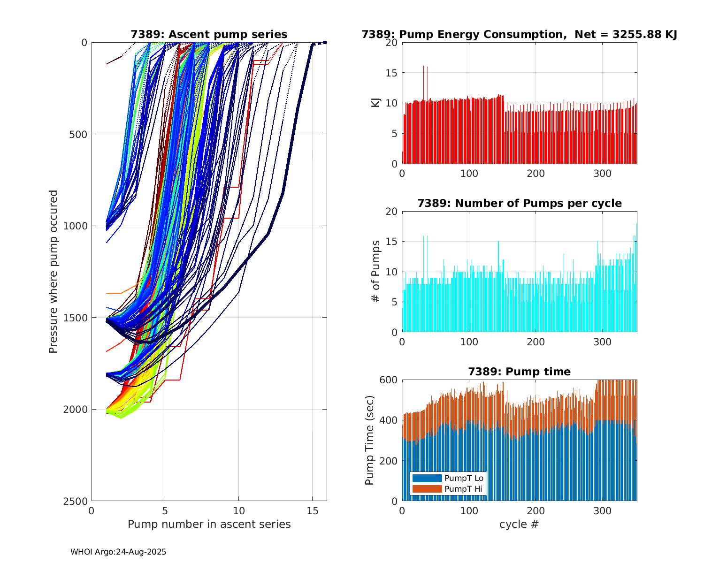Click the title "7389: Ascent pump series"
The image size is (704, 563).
pyautogui.click(x=209, y=34)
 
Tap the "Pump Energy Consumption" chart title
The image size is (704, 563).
pyautogui.click(x=519, y=34)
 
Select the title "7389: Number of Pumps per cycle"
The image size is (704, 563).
pyautogui.click(x=519, y=203)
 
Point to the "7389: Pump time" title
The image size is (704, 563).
pyautogui.click(x=519, y=372)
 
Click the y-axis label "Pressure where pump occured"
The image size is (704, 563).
pyautogui.click(x=53, y=272)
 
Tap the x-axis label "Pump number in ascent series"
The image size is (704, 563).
pyautogui.click(x=209, y=524)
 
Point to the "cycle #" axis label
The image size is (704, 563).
pyautogui.click(x=519, y=524)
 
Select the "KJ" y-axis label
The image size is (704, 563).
pyautogui.click(x=376, y=103)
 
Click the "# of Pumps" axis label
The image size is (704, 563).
pyautogui.click(x=376, y=272)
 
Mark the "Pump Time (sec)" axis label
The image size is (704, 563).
pyautogui.click(x=370, y=440)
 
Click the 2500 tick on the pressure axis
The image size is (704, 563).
pyautogui.click(x=77, y=501)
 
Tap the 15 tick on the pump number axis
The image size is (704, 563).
pyautogui.click(x=312, y=510)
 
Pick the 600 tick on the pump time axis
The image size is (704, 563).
pyautogui.click(x=389, y=380)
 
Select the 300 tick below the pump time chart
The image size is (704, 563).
pyautogui.click(x=603, y=510)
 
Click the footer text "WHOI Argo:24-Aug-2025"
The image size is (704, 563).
pyautogui.click(x=118, y=552)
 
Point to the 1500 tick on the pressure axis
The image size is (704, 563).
pyautogui.click(x=77, y=318)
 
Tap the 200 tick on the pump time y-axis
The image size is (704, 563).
pyautogui.click(x=389, y=461)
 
